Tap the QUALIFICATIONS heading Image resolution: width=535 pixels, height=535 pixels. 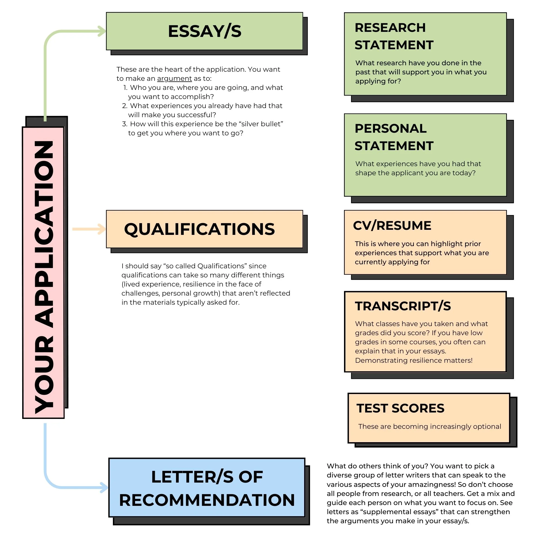click(199, 229)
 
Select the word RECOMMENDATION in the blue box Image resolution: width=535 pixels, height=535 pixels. click(207, 500)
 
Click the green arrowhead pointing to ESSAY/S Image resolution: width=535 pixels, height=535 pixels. click(102, 31)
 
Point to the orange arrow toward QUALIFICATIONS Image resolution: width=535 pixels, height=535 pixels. click(89, 229)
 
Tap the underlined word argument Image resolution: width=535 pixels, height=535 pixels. click(174, 79)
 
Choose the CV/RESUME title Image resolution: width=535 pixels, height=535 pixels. click(392, 226)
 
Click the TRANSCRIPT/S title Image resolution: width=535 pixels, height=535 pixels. click(403, 306)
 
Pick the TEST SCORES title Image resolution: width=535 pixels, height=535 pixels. click(400, 408)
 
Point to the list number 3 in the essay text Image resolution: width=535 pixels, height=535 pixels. click(125, 124)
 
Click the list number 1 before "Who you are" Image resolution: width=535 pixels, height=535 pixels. click(125, 88)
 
